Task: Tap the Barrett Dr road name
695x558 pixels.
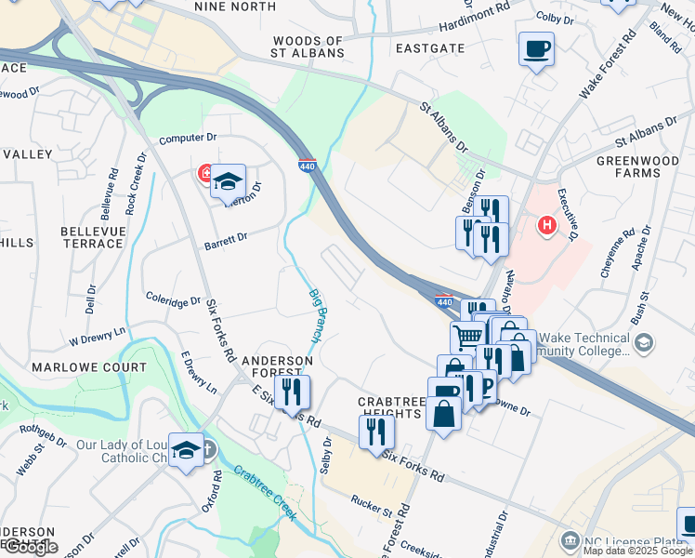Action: pos(225,238)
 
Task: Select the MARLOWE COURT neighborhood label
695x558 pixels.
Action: pos(76,367)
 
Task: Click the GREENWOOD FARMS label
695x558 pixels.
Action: pos(640,166)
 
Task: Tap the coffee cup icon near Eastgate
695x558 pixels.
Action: pos(537,48)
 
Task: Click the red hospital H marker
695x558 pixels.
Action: pos(547,225)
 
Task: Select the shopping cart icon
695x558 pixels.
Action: pos(467,336)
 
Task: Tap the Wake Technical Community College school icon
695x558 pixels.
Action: pos(642,344)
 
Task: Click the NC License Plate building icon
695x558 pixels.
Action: pos(570,540)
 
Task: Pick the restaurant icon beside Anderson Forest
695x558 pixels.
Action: pos(293,392)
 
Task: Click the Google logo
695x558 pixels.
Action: pos(31,547)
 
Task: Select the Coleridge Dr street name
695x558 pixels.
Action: pos(173,300)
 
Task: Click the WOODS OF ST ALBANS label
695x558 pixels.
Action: pos(308,46)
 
